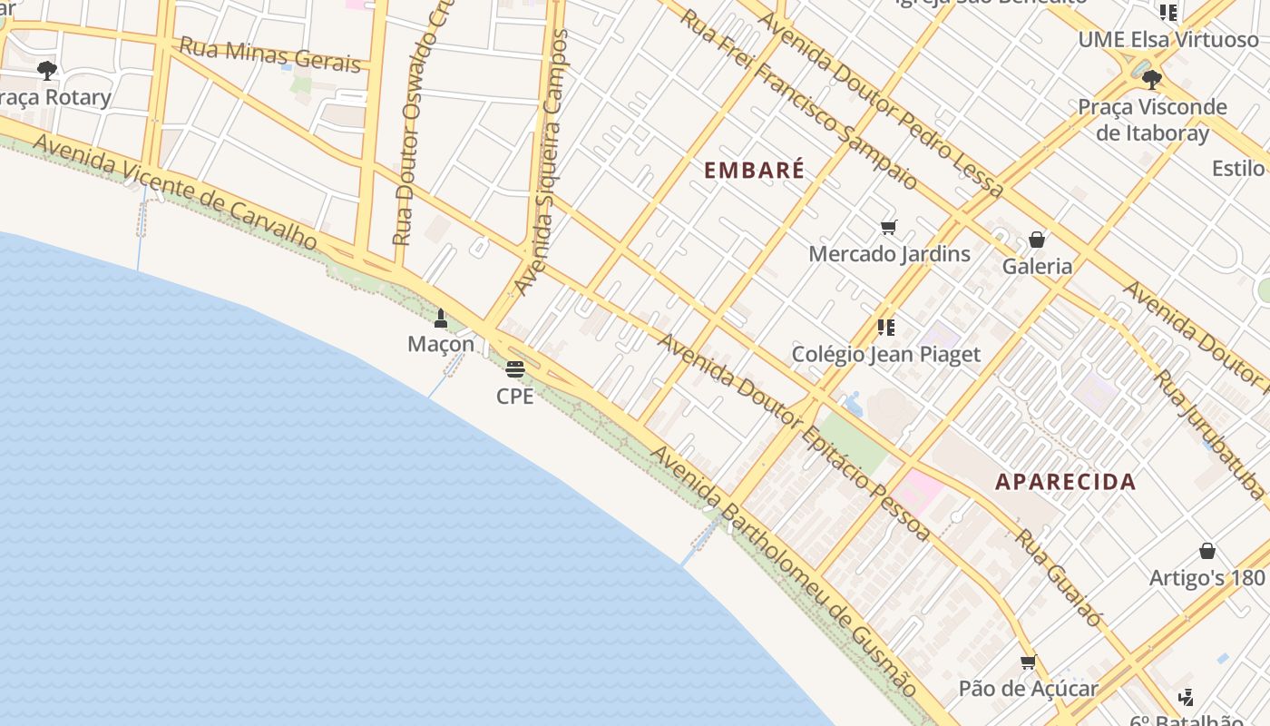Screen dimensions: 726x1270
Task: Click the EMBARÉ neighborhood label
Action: (754, 170)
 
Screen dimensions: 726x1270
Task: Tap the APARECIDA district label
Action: (1065, 481)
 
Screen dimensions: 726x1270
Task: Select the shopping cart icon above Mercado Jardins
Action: (888, 228)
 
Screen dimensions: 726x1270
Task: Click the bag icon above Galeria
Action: (1037, 240)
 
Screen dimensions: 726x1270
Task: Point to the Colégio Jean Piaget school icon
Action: (886, 327)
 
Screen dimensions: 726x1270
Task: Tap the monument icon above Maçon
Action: (441, 318)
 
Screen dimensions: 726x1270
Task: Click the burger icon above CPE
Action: (514, 369)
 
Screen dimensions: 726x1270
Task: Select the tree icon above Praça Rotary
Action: (47, 70)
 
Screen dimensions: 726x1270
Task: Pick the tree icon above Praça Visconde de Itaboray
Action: (1152, 80)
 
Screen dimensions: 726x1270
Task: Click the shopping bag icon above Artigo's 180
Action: (1207, 551)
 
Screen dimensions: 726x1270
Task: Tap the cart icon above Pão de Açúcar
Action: (1028, 662)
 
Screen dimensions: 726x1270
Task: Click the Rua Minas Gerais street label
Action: (270, 54)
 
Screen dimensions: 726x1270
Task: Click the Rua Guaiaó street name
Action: (1058, 577)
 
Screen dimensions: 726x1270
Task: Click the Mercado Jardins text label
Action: (889, 254)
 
